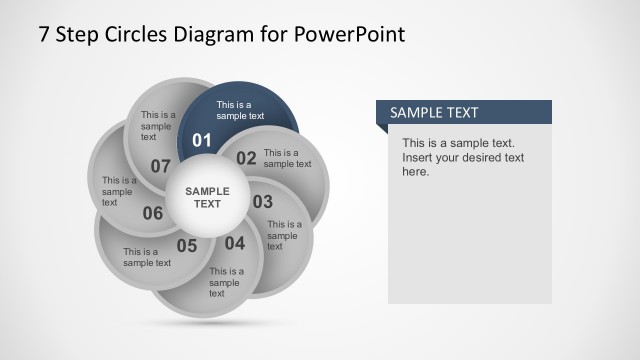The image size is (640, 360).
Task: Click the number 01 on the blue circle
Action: click(x=202, y=140)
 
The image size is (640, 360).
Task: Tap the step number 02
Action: click(x=246, y=157)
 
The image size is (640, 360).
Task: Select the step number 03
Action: click(x=262, y=202)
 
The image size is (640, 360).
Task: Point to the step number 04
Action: click(x=234, y=243)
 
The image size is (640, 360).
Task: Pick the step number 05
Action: click(x=187, y=245)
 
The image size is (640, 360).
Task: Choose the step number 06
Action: click(x=153, y=213)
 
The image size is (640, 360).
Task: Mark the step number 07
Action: click(x=161, y=166)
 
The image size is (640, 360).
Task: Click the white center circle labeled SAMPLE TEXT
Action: click(x=207, y=197)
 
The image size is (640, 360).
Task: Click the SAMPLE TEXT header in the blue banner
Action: click(x=434, y=113)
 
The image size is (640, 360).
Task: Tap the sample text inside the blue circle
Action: click(x=240, y=110)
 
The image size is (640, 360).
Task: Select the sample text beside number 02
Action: click(x=287, y=158)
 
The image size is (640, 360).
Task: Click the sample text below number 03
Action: click(x=284, y=235)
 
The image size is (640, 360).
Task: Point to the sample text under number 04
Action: click(x=226, y=282)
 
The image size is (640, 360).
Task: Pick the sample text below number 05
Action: click(x=147, y=257)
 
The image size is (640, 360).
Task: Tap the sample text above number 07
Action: click(x=158, y=125)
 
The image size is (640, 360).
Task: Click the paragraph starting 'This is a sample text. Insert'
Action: click(x=463, y=157)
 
